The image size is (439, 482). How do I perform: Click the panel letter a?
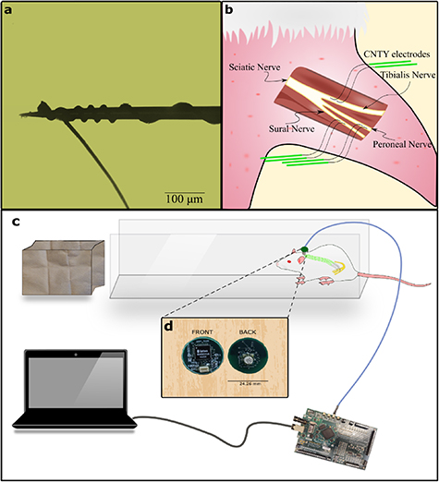pos(8,9)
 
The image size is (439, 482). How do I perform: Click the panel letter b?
pos(228,9)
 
